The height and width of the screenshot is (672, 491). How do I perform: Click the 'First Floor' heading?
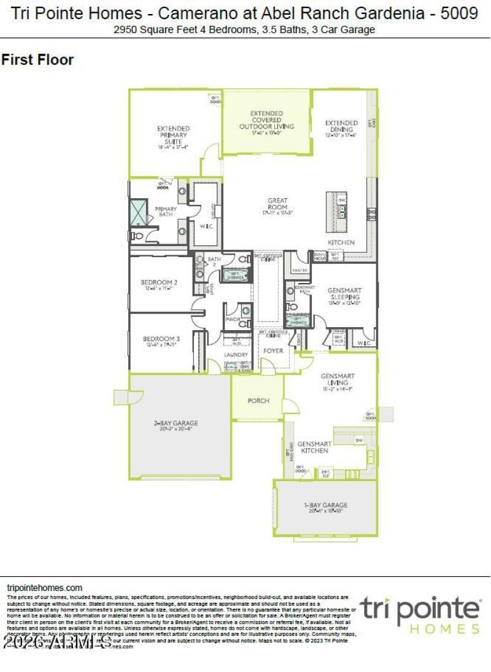[x=37, y=60]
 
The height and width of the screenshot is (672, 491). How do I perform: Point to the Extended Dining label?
[x=341, y=126]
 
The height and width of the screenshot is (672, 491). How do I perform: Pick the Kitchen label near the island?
[x=341, y=242]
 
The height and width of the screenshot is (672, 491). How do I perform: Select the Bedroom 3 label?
[x=161, y=339]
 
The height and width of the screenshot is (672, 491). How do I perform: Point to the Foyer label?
[x=273, y=350]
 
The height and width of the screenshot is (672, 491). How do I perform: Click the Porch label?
[x=258, y=401]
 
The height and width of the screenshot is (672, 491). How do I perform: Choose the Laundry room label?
[x=236, y=355]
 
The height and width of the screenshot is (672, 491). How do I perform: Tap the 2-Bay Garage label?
[x=176, y=423]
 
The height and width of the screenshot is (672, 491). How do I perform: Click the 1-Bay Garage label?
[x=326, y=506]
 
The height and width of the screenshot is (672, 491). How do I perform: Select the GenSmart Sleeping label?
[x=344, y=294]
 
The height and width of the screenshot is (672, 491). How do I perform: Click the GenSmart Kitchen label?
[x=314, y=447]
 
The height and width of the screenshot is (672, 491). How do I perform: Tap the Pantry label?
[x=300, y=270]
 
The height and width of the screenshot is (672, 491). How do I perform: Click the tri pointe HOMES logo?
[x=420, y=614]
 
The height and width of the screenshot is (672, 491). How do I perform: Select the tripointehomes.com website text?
[x=44, y=588]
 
